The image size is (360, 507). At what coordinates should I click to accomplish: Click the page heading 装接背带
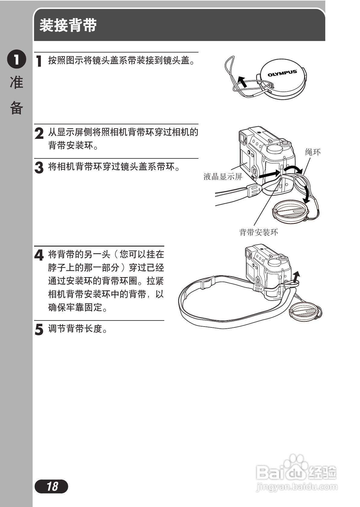coord(68,25)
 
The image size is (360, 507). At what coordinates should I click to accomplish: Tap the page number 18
coord(52,486)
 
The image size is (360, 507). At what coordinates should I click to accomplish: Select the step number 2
coord(39,133)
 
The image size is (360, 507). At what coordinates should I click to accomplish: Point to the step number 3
coord(39,167)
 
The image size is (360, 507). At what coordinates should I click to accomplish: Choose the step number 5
coord(39,329)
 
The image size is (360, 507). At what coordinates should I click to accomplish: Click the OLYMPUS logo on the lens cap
coord(282,73)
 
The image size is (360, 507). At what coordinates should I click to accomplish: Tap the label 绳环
coord(313,152)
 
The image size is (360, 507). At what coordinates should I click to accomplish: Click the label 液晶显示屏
coord(223,177)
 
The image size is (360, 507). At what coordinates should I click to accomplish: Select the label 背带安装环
coord(259,232)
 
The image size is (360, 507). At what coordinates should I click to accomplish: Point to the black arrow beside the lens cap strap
coord(242,81)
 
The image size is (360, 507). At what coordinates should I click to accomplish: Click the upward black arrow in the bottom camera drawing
coord(297,276)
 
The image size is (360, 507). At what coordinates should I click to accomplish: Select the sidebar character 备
coord(17,107)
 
